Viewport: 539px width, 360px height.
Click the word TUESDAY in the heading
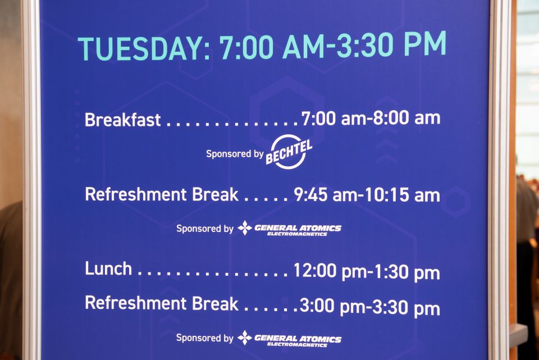[141, 48]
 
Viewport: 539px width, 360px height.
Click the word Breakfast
[122, 120]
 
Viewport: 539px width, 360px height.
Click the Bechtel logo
[289, 152]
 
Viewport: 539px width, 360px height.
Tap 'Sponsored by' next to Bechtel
[235, 154]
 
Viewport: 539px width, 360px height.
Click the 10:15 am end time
[402, 195]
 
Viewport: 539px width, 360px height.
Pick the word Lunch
[108, 268]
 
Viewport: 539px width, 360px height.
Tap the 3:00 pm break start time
[332, 306]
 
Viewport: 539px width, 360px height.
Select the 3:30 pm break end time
[406, 307]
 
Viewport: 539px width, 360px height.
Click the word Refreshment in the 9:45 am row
[135, 194]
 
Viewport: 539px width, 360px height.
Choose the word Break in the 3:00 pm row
[215, 303]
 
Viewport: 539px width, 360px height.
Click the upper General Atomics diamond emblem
[245, 227]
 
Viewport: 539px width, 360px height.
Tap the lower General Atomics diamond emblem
[245, 338]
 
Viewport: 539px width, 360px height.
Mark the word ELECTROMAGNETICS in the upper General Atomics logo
[297, 234]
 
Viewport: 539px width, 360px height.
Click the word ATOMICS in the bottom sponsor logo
[320, 339]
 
